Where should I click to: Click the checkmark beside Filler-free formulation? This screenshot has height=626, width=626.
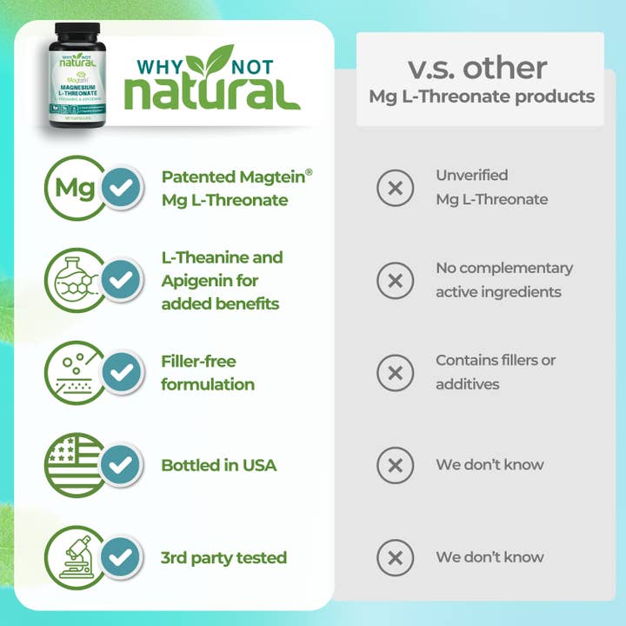click(123, 372)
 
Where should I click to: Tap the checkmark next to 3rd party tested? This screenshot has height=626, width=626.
click(123, 556)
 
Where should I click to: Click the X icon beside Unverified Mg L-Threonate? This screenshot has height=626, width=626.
click(395, 187)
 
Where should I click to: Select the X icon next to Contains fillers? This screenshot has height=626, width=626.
click(395, 372)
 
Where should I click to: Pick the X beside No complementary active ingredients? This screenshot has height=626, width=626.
click(395, 280)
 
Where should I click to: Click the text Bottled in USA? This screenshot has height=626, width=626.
click(219, 465)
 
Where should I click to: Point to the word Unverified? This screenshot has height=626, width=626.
click(472, 175)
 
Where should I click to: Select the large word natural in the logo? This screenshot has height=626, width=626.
click(211, 90)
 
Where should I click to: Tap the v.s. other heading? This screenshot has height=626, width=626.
click(478, 67)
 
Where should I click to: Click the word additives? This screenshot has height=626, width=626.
click(468, 383)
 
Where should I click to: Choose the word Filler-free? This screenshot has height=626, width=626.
click(199, 361)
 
